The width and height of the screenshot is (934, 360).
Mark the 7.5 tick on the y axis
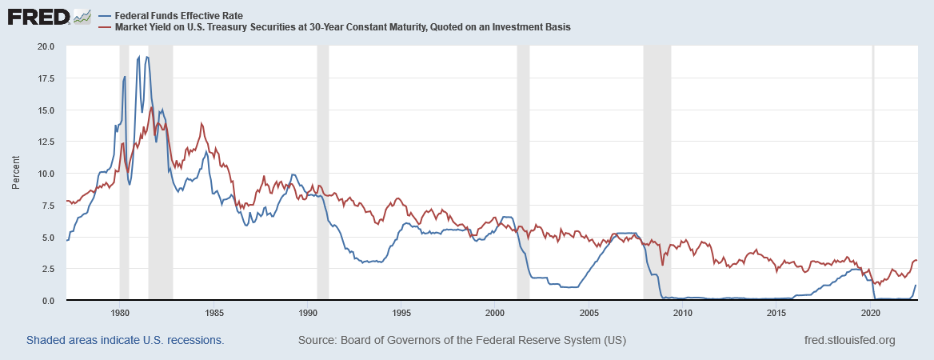(46, 206)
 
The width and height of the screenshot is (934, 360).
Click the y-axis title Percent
(15, 174)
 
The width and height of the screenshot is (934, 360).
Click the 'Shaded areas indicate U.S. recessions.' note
(125, 340)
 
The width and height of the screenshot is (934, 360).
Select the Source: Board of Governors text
(461, 340)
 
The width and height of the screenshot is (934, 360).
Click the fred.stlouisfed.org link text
(848, 340)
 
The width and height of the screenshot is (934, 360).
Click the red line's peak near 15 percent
(152, 107)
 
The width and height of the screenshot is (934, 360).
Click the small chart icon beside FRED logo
(82, 16)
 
